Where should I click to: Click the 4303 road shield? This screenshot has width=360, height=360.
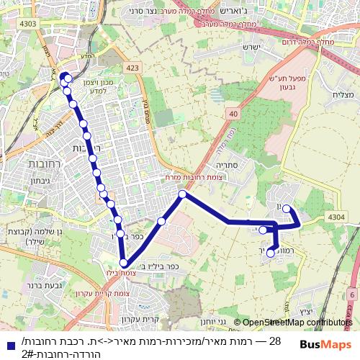pyautogui.click(x=29, y=24)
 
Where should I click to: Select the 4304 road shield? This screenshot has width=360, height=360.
pyautogui.click(x=336, y=216)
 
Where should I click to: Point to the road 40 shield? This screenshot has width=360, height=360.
pyautogui.click(x=233, y=113)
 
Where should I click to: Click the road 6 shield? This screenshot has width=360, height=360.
pyautogui.click(x=352, y=294)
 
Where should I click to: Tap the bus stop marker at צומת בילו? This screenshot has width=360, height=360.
pyautogui.click(x=124, y=264)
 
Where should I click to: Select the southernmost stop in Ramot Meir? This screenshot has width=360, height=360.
pyautogui.click(x=271, y=253)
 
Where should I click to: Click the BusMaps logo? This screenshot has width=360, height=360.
pyautogui.click(x=321, y=344)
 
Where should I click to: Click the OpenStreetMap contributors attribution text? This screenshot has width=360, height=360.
pyautogui.click(x=297, y=323)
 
